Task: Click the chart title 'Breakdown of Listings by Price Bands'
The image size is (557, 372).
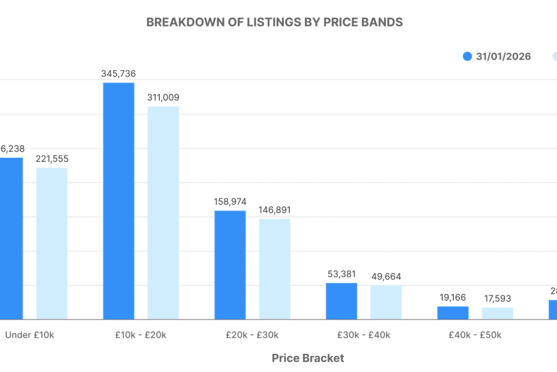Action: (x=274, y=22)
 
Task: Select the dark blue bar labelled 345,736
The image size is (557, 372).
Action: (x=119, y=200)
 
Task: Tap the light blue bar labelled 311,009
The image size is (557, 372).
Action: (x=163, y=212)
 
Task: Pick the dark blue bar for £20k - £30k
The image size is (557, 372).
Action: (x=230, y=265)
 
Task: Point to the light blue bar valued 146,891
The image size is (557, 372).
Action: (x=274, y=268)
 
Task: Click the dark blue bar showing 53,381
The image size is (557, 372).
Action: (x=341, y=301)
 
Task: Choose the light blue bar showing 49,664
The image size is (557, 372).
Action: (x=386, y=302)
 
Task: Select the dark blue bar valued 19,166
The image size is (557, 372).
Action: (x=453, y=313)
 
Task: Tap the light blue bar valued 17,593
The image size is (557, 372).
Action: (x=497, y=313)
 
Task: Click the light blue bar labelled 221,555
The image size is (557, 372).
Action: (x=52, y=243)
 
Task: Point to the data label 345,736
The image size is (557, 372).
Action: (x=119, y=74)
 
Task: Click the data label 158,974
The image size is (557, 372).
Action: (x=230, y=202)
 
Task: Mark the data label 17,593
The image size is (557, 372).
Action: (x=497, y=298)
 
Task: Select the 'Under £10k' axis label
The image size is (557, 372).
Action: (x=30, y=335)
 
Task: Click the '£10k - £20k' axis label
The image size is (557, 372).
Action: (x=141, y=335)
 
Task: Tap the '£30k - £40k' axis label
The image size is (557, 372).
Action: (x=364, y=335)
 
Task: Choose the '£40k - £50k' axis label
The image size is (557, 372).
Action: (x=475, y=335)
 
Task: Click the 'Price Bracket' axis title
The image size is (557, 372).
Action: (x=308, y=358)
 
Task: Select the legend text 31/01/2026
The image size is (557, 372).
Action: (x=503, y=57)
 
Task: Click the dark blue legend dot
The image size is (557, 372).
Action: (x=468, y=56)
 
